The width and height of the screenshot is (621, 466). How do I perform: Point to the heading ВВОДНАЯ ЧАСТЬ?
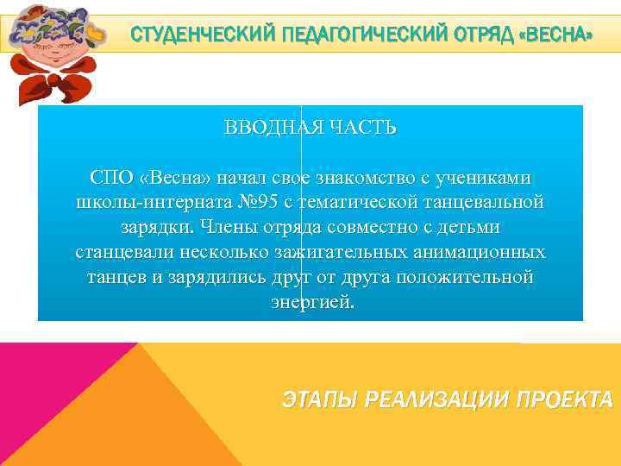coord(310,129)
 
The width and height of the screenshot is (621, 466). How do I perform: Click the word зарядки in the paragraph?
coord(152,228)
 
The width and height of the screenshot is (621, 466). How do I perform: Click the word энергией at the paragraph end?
coord(310,303)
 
